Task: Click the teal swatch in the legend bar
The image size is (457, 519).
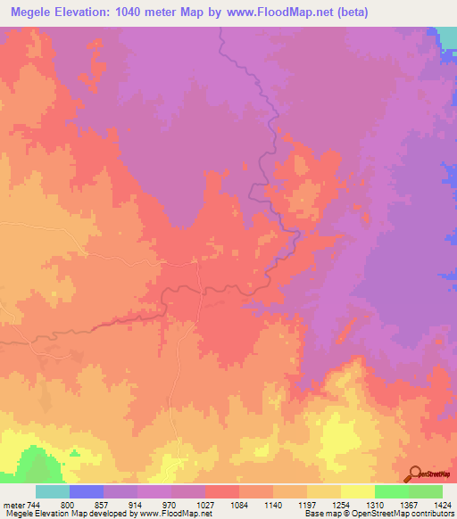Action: click(x=53, y=491)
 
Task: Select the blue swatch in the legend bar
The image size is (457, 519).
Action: click(x=87, y=491)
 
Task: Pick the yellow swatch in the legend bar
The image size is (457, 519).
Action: click(x=358, y=491)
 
